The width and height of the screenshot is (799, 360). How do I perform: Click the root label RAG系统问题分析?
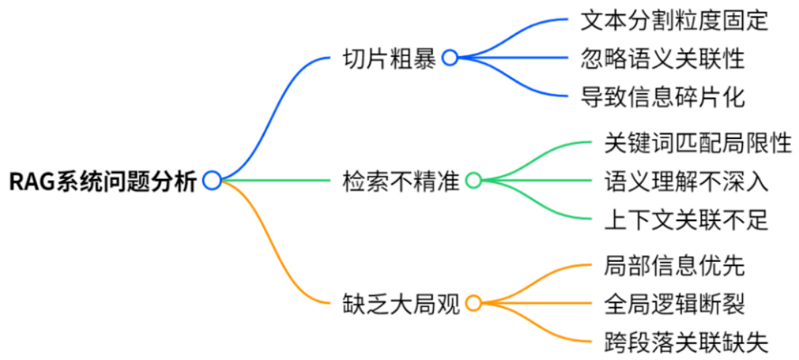click(x=102, y=181)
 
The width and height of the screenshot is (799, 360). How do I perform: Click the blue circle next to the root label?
click(x=212, y=180)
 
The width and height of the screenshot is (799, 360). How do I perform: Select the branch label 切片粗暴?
click(x=389, y=59)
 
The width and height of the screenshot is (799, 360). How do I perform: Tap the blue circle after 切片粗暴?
click(x=450, y=58)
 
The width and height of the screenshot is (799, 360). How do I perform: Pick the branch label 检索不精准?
click(x=400, y=181)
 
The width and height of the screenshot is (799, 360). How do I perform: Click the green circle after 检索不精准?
click(x=474, y=180)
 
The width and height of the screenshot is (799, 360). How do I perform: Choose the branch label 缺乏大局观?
click(x=400, y=303)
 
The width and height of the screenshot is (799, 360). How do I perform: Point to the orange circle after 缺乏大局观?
click(x=474, y=303)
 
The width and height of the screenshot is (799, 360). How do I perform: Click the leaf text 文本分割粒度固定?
click(x=674, y=20)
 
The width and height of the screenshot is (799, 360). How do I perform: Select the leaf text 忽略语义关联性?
click(x=662, y=58)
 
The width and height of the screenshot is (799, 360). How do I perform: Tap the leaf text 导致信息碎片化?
click(x=662, y=96)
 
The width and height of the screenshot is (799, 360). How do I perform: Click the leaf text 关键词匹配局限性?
click(x=697, y=143)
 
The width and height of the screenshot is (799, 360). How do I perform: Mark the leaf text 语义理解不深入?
click(x=685, y=181)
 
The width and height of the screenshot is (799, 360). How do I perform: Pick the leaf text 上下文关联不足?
click(x=685, y=219)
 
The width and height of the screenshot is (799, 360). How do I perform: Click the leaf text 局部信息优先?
click(x=674, y=265)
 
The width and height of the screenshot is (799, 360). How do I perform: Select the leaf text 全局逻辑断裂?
click(x=674, y=303)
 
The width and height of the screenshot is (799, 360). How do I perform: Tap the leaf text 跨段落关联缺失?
click(x=685, y=341)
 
